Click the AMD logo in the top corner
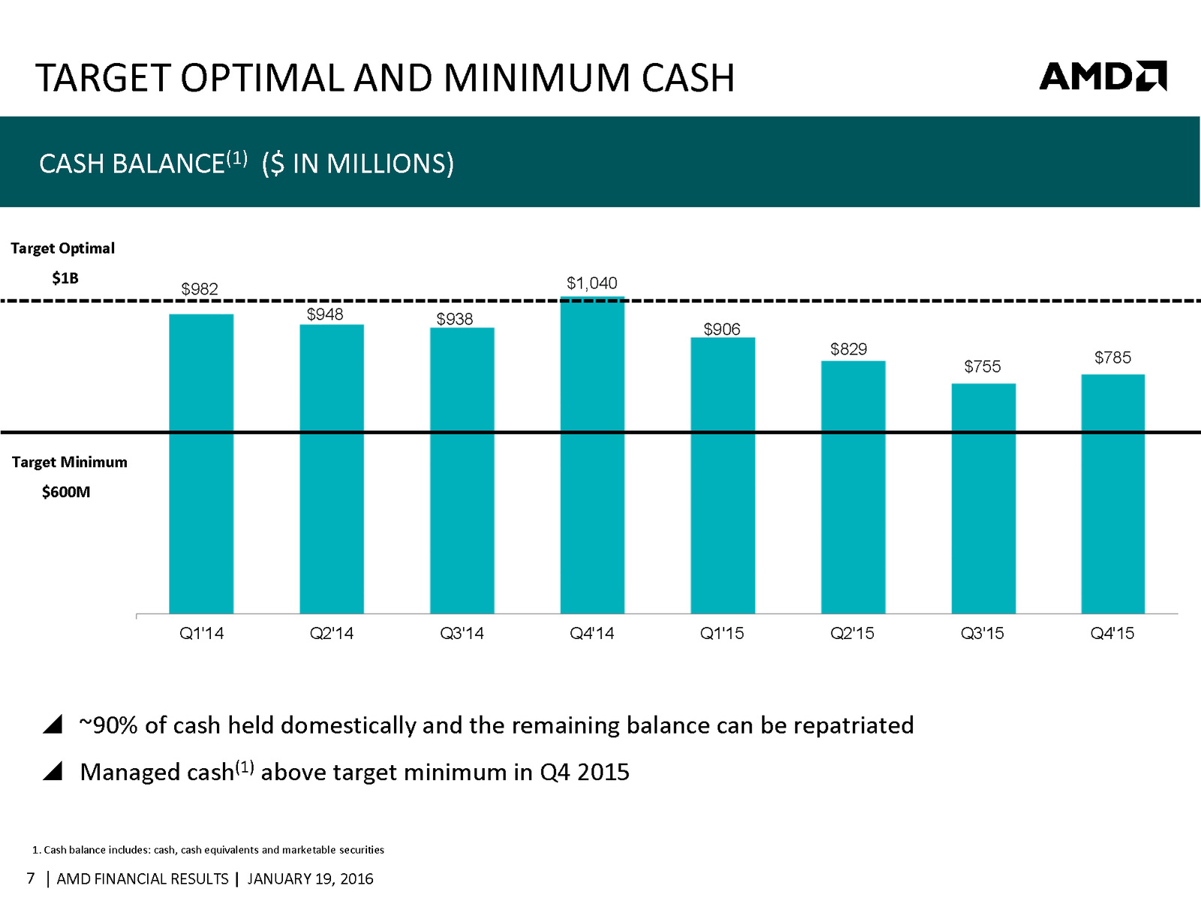1102,76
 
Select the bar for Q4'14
592,455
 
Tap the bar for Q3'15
983,499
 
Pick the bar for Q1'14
201,464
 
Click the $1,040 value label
591,283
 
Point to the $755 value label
982,366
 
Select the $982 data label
200,289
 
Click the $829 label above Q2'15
848,349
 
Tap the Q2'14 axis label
331,634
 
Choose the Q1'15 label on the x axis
721,634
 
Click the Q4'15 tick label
1112,634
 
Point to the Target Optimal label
62,249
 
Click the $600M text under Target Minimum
66,493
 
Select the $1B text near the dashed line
65,279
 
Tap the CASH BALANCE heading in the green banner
132,164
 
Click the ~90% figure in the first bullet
109,725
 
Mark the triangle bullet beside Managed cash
53,771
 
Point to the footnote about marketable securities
209,850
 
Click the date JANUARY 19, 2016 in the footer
310,879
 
